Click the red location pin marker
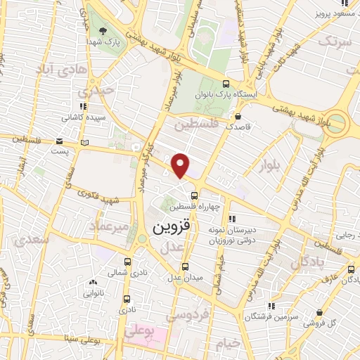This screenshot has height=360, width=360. pos(181,165)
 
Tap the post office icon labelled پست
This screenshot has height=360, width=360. pos(85,143)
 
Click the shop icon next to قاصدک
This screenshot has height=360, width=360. pos(238,116)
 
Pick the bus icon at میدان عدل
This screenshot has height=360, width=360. pos(185,266)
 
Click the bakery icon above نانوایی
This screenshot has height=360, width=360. pos(94,282)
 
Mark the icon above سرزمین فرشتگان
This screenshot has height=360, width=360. pos(271,305)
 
